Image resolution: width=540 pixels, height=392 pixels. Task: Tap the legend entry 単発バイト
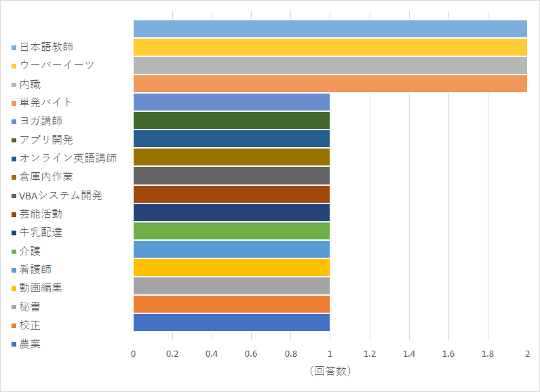[45, 102]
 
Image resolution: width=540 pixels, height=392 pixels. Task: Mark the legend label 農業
[30, 344]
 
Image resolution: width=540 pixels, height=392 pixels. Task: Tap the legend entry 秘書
[30, 307]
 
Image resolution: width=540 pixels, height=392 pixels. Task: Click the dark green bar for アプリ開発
[231, 120]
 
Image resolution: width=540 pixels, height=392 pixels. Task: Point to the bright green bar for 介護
[231, 231]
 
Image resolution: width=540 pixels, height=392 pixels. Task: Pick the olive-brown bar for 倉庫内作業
[231, 157]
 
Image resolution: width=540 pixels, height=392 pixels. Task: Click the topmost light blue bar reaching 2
[330, 28]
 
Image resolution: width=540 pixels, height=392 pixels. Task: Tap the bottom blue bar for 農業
[231, 322]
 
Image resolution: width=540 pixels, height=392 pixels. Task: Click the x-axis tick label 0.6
[252, 354]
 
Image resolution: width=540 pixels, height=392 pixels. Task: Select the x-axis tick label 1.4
[409, 354]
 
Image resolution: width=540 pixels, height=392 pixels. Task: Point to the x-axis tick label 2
[527, 354]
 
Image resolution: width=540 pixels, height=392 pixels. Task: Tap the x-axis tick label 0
[134, 354]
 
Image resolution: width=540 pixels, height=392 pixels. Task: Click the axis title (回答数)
[330, 371]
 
